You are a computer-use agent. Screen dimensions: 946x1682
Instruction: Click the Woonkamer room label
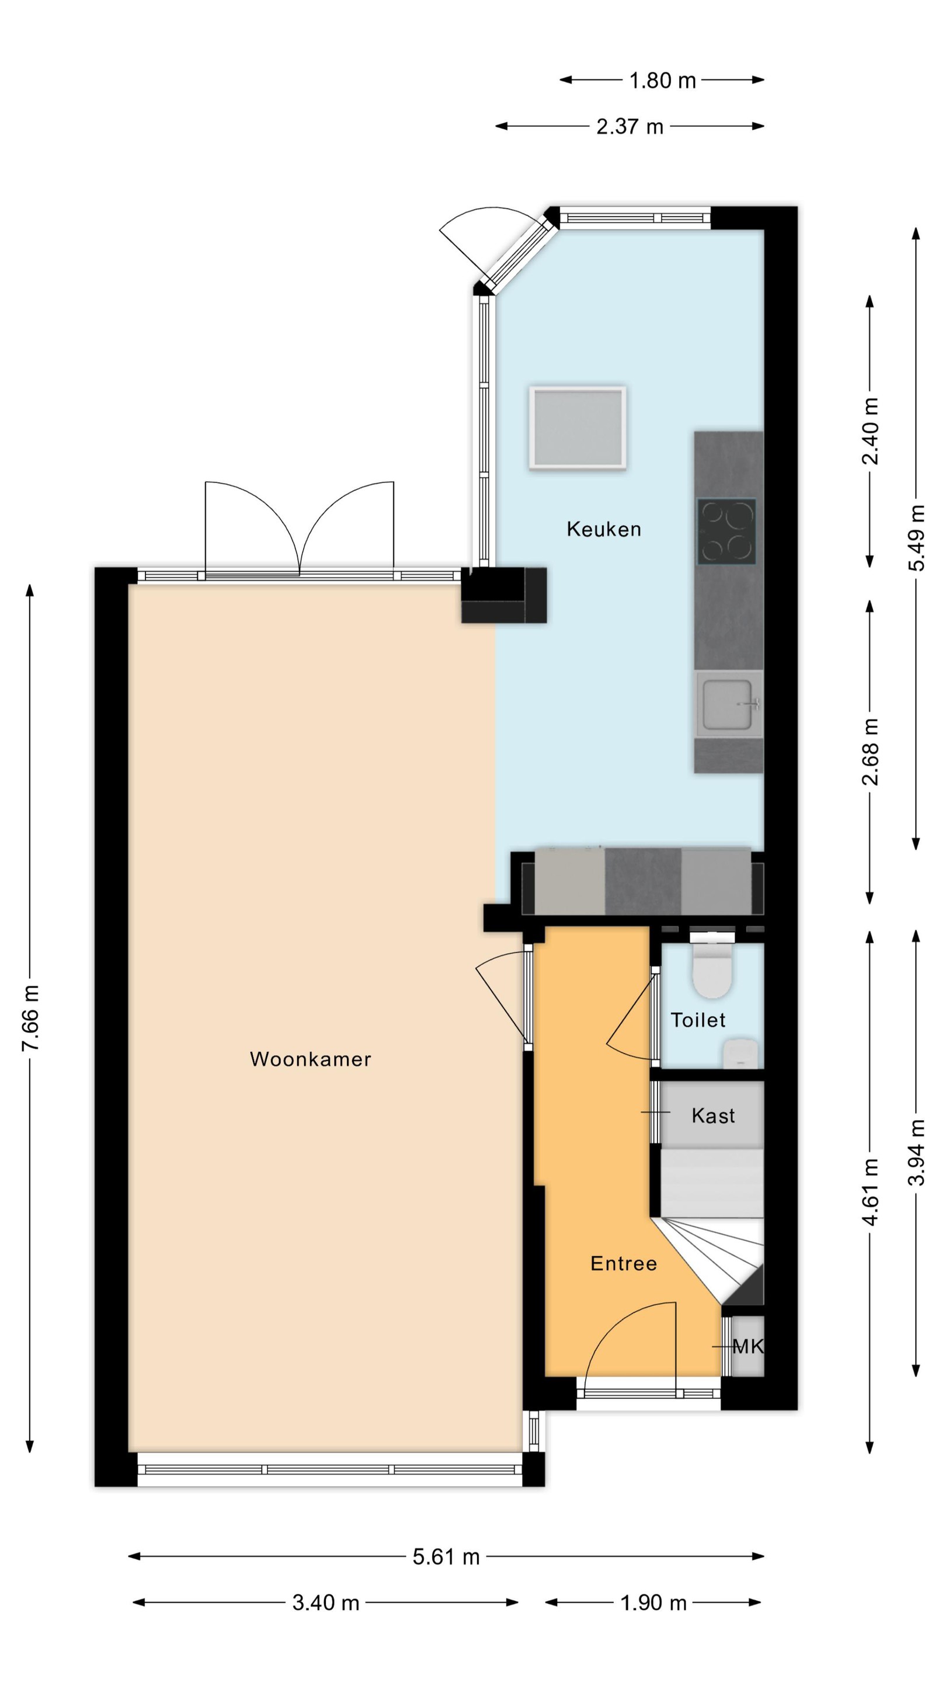(310, 1058)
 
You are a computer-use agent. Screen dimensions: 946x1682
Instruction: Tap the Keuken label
(603, 529)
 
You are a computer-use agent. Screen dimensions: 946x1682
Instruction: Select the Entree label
(624, 1263)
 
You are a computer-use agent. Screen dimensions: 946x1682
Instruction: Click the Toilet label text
(698, 1019)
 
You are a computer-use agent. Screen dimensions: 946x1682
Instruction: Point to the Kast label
(713, 1115)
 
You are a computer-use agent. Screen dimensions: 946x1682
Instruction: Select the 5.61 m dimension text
(446, 1556)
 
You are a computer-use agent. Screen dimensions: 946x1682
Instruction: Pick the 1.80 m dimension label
(662, 81)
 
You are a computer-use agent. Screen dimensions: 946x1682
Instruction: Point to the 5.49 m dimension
(917, 537)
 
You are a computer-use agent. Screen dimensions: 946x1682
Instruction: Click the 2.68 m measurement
(870, 752)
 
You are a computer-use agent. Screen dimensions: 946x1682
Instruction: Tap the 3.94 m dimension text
(917, 1152)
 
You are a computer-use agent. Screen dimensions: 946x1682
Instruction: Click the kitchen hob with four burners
(726, 531)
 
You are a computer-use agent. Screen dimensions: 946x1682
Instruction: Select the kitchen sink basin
(729, 704)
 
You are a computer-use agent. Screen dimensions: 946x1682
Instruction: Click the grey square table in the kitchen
(578, 428)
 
